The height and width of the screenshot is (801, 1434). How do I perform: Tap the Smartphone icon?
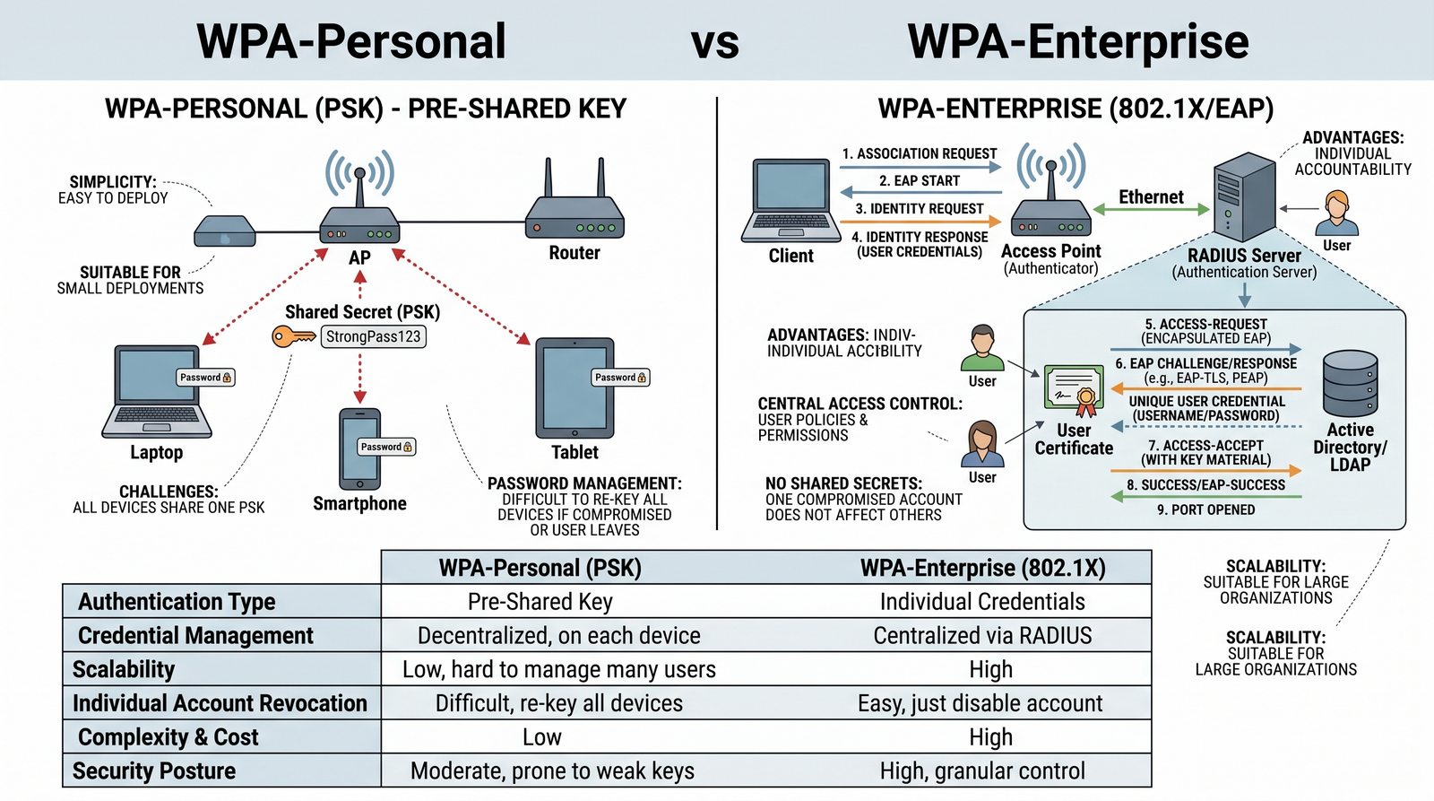[359, 448]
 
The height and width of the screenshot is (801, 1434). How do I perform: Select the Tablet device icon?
[574, 387]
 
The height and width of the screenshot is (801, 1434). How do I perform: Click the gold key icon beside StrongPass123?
[293, 337]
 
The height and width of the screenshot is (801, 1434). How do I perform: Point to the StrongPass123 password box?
[373, 336]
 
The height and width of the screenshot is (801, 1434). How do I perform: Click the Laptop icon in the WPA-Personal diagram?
[158, 392]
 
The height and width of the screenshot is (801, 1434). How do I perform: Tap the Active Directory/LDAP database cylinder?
[1350, 383]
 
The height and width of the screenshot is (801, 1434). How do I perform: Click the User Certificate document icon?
[1074, 391]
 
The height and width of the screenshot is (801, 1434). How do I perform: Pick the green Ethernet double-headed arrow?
[1151, 210]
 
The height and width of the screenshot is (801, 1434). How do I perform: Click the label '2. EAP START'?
[920, 181]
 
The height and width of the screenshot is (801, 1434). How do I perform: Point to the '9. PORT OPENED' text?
[1205, 509]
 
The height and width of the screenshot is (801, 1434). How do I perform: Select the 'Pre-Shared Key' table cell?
[540, 602]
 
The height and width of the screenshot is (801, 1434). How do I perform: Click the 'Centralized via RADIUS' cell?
[982, 636]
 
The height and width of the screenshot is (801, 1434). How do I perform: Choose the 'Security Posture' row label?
[154, 771]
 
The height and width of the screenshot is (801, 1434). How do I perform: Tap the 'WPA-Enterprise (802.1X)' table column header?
[982, 568]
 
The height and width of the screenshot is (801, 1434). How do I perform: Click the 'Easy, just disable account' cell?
[980, 703]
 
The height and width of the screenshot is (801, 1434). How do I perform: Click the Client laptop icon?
[790, 202]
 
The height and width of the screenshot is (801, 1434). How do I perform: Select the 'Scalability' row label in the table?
[124, 670]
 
